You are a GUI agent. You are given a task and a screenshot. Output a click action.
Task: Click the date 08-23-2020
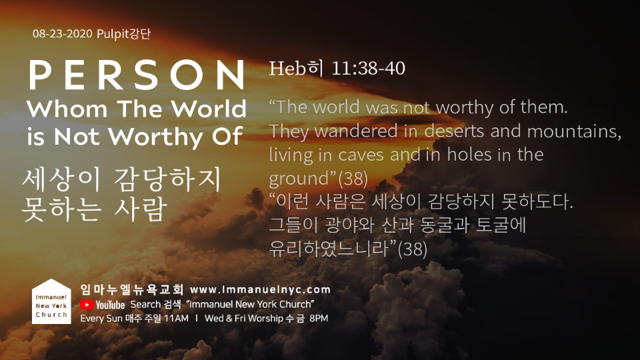click(x=63, y=33)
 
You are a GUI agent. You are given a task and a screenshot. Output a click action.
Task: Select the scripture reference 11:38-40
click(x=368, y=68)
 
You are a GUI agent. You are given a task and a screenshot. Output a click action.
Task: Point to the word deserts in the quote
click(x=455, y=131)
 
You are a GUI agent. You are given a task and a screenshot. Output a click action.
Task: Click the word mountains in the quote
click(x=574, y=131)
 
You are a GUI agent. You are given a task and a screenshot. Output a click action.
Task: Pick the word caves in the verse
click(x=361, y=155)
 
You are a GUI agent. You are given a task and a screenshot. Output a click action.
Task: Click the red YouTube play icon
click(x=86, y=305)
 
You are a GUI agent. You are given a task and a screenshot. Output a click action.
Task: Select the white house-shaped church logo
click(x=51, y=301)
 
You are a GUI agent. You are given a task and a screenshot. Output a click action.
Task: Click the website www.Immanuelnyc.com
click(x=261, y=290)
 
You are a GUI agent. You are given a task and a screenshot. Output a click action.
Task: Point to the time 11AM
click(x=176, y=319)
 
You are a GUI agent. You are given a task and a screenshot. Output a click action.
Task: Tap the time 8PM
click(x=319, y=319)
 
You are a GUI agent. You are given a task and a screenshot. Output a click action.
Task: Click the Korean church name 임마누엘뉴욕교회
click(x=132, y=289)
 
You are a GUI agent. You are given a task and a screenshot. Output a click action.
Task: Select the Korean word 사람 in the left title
click(x=141, y=209)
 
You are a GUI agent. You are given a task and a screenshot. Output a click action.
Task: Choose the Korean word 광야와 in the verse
click(x=350, y=225)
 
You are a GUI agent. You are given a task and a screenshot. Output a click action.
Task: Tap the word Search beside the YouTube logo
click(x=145, y=305)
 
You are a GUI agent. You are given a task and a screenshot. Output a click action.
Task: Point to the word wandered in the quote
click(x=356, y=131)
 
